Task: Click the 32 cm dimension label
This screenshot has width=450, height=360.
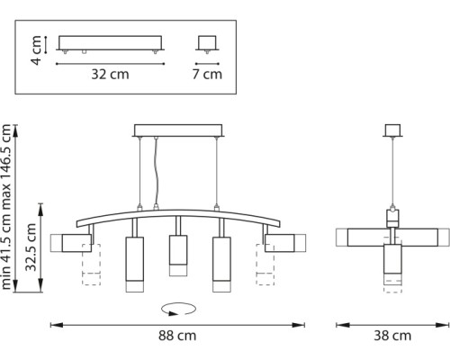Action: [x=109, y=76]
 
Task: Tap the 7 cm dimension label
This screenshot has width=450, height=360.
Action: [x=208, y=76]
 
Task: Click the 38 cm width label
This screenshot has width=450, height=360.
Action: [x=392, y=337]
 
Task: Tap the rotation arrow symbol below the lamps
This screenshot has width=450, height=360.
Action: [x=176, y=308]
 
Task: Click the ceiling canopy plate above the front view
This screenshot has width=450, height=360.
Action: [x=176, y=130]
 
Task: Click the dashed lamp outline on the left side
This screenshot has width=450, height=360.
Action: [x=90, y=266]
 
